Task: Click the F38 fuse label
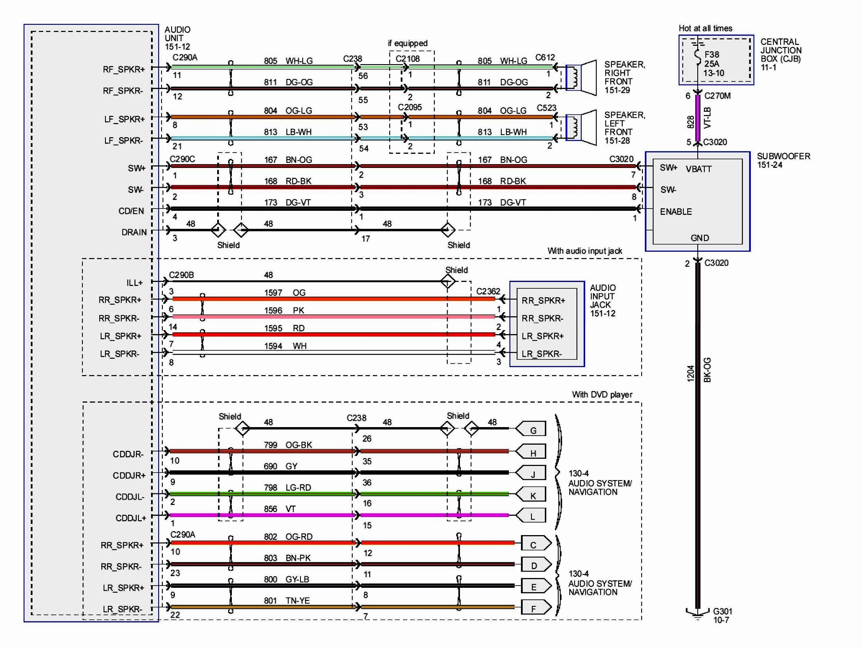[712, 55]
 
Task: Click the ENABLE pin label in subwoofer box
[676, 212]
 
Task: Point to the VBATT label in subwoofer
[698, 169]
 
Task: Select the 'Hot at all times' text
[705, 28]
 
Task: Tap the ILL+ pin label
[134, 283]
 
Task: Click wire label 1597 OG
[285, 293]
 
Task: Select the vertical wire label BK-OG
[707, 370]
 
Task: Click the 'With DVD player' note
[602, 395]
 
